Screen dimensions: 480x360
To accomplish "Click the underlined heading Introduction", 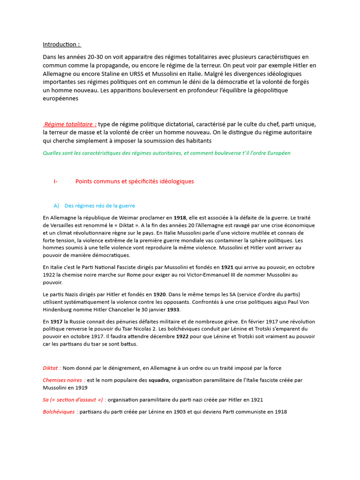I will pos(61,45).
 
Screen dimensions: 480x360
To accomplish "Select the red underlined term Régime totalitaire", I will pos(70,124).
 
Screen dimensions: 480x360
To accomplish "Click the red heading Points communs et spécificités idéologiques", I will pos(134,181).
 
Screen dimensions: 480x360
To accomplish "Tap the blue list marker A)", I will pos(57,206).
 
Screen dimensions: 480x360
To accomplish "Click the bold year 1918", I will pos(180,218).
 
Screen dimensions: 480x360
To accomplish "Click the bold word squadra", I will pos(159,380).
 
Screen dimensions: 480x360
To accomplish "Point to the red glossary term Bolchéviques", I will pos(59,412).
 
